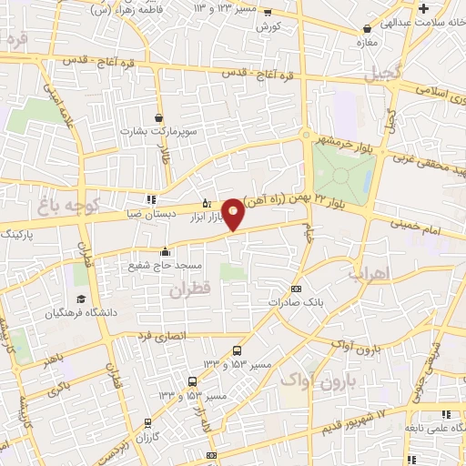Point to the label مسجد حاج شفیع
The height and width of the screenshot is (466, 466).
tap(166, 265)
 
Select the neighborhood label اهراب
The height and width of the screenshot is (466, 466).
tap(369, 273)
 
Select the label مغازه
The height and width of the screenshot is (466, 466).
tap(365, 43)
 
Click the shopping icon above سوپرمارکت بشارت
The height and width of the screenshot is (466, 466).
tap(159, 117)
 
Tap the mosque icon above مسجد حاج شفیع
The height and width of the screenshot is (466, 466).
tap(165, 252)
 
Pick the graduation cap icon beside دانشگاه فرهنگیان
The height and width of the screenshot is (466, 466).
tap(81, 299)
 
